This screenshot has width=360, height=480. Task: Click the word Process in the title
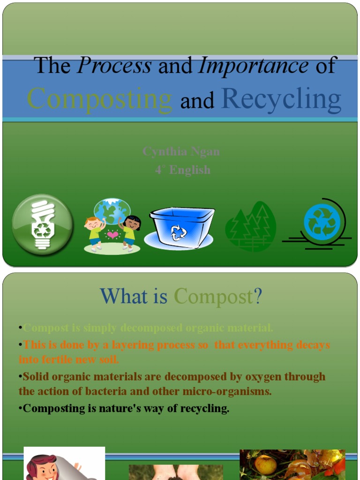(x=114, y=66)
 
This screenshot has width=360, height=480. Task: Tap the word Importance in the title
(x=254, y=66)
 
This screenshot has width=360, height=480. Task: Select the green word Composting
(x=100, y=99)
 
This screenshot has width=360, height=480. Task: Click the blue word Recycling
(x=281, y=99)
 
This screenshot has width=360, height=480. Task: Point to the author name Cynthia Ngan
(x=181, y=152)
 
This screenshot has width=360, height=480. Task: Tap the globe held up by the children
(x=112, y=210)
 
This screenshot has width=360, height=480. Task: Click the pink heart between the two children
(x=112, y=234)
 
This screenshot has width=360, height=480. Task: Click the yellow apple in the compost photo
(x=265, y=465)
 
